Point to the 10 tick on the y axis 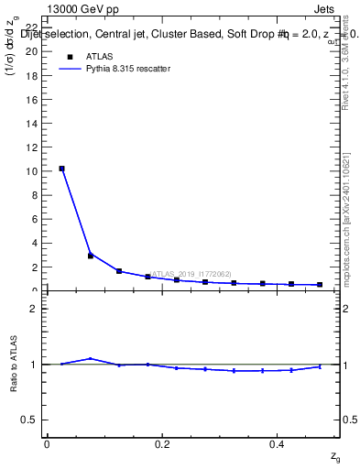[x=34, y=171]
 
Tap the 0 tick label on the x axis [x=47, y=444]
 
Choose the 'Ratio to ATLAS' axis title [x=14, y=364]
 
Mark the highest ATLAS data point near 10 [x=61, y=169]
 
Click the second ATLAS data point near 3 [x=90, y=256]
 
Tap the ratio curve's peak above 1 [x=90, y=358]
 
